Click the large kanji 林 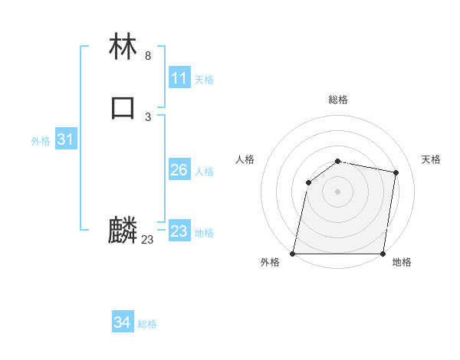pos(123,48)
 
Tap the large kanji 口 pos(123,107)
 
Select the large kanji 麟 pos(123,231)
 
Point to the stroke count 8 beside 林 pos(147,56)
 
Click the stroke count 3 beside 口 pos(147,116)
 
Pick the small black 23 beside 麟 pos(147,240)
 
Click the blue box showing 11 pos(179,78)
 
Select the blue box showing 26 pos(179,170)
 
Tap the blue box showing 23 pos(179,231)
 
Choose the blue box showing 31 pos(65,139)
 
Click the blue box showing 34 pos(123,323)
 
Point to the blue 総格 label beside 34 pos(147,324)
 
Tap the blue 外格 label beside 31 pos(41,141)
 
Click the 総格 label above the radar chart pos(338,100)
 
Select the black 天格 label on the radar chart pos(431,159)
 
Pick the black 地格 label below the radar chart pos(402,263)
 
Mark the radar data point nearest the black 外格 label pos(293,254)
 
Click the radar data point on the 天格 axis pos(396,173)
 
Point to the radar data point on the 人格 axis pos(308,182)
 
